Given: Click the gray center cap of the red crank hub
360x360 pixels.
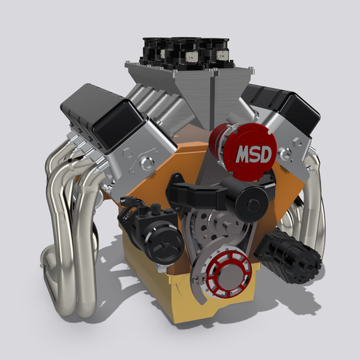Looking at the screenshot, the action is [228, 277].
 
